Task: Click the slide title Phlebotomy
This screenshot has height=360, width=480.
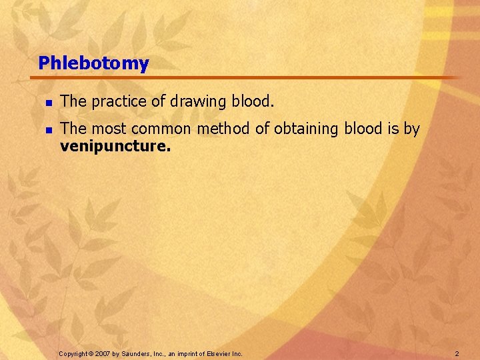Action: tap(93, 64)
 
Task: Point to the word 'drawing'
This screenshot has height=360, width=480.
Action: tap(194, 102)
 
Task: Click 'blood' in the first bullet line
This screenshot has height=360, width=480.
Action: tap(249, 102)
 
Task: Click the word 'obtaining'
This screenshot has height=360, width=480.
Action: tap(307, 129)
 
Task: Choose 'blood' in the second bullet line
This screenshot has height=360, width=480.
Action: tap(364, 129)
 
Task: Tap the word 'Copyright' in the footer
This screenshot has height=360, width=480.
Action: tap(73, 353)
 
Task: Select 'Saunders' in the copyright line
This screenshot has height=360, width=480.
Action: tap(137, 353)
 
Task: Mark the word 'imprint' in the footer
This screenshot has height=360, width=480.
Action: tap(189, 353)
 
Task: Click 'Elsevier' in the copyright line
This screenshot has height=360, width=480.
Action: tap(220, 353)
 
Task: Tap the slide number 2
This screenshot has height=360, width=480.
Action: tap(457, 353)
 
